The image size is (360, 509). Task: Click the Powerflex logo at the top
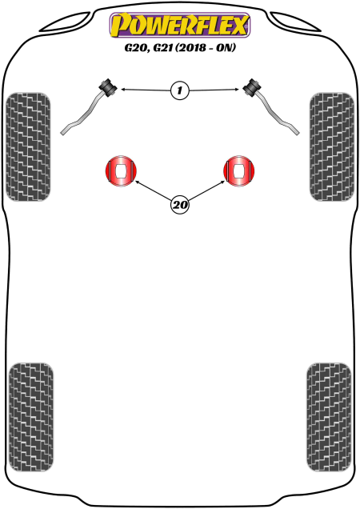pos(180,25)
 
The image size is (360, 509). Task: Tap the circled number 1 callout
pos(179,90)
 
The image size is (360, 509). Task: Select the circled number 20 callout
pos(180,205)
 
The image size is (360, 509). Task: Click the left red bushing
pos(121,171)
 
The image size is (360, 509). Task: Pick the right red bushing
pos(239,171)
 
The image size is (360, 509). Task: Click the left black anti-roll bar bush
pos(108,87)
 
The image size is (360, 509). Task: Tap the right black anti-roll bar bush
pos(252,87)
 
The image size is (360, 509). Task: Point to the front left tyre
pos(28,146)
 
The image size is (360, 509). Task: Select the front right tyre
pos(332,146)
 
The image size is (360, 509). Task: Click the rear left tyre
pos(31,417)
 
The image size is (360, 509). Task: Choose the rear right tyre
pos(329,417)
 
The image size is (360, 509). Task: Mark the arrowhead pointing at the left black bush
pos(123,89)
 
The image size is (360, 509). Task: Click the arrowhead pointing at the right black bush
pos(237,90)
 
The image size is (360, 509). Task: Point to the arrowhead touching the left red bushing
pos(137,182)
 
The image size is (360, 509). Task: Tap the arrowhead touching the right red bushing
pos(222,182)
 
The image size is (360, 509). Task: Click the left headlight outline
pos(65,22)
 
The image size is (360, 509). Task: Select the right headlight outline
pos(295,22)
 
